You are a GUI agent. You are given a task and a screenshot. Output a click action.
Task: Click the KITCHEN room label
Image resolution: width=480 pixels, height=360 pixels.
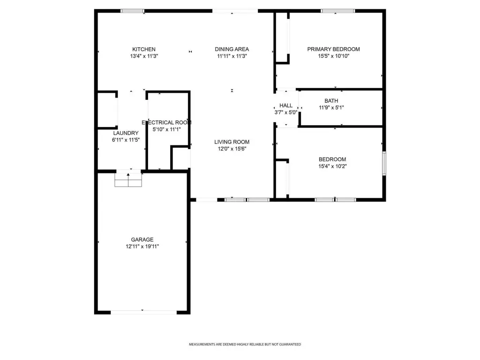tap(144, 49)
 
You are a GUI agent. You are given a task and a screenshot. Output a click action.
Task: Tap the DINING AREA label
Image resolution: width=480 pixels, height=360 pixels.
tap(232, 49)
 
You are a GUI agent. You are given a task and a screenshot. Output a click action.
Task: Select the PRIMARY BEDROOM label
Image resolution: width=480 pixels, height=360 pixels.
tap(333, 49)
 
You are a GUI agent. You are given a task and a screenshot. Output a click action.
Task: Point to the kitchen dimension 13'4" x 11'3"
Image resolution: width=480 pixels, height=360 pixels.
tap(144, 56)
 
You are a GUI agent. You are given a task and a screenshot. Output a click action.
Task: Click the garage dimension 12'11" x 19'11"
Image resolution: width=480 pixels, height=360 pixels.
tap(142, 247)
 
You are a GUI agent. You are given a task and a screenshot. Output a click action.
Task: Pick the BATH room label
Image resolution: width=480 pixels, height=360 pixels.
tap(331, 101)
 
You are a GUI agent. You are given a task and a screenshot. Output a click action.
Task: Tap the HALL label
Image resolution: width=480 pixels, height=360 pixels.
tap(285, 105)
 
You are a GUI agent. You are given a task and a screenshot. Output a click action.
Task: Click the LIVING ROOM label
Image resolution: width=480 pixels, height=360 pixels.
tap(232, 142)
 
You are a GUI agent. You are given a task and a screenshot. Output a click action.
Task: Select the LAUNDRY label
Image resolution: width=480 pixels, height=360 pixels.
tap(126, 133)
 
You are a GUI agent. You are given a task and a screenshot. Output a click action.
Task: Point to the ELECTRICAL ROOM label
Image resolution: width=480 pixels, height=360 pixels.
tap(166, 122)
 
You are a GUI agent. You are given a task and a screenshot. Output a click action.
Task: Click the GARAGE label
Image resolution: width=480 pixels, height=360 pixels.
tap(142, 240)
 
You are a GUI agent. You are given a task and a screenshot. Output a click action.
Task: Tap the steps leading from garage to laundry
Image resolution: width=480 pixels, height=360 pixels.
tap(128, 180)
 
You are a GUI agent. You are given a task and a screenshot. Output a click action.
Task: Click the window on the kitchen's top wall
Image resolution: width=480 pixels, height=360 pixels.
tap(132, 11)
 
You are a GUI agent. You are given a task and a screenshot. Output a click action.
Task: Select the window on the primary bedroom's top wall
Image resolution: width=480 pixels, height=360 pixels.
tap(338, 11)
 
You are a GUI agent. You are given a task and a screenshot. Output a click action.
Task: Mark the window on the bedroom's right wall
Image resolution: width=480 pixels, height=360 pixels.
tap(384, 163)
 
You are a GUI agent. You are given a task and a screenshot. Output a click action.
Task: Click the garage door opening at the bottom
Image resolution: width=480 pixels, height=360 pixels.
tap(143, 312)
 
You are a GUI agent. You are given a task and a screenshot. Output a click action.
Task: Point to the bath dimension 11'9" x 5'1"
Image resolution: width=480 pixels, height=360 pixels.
tap(331, 107)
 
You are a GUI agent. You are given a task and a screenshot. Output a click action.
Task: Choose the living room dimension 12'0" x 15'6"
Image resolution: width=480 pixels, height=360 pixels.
tap(232, 149)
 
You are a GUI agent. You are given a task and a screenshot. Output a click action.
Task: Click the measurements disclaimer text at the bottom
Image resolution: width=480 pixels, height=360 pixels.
tap(245, 345)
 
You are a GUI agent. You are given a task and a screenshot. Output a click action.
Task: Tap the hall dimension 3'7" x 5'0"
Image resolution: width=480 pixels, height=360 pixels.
tap(285, 112)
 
